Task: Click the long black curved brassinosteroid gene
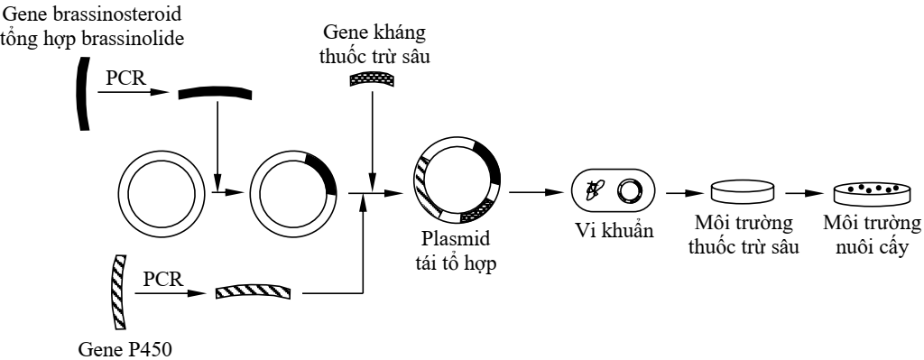(80, 95)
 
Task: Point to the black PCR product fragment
(213, 93)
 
